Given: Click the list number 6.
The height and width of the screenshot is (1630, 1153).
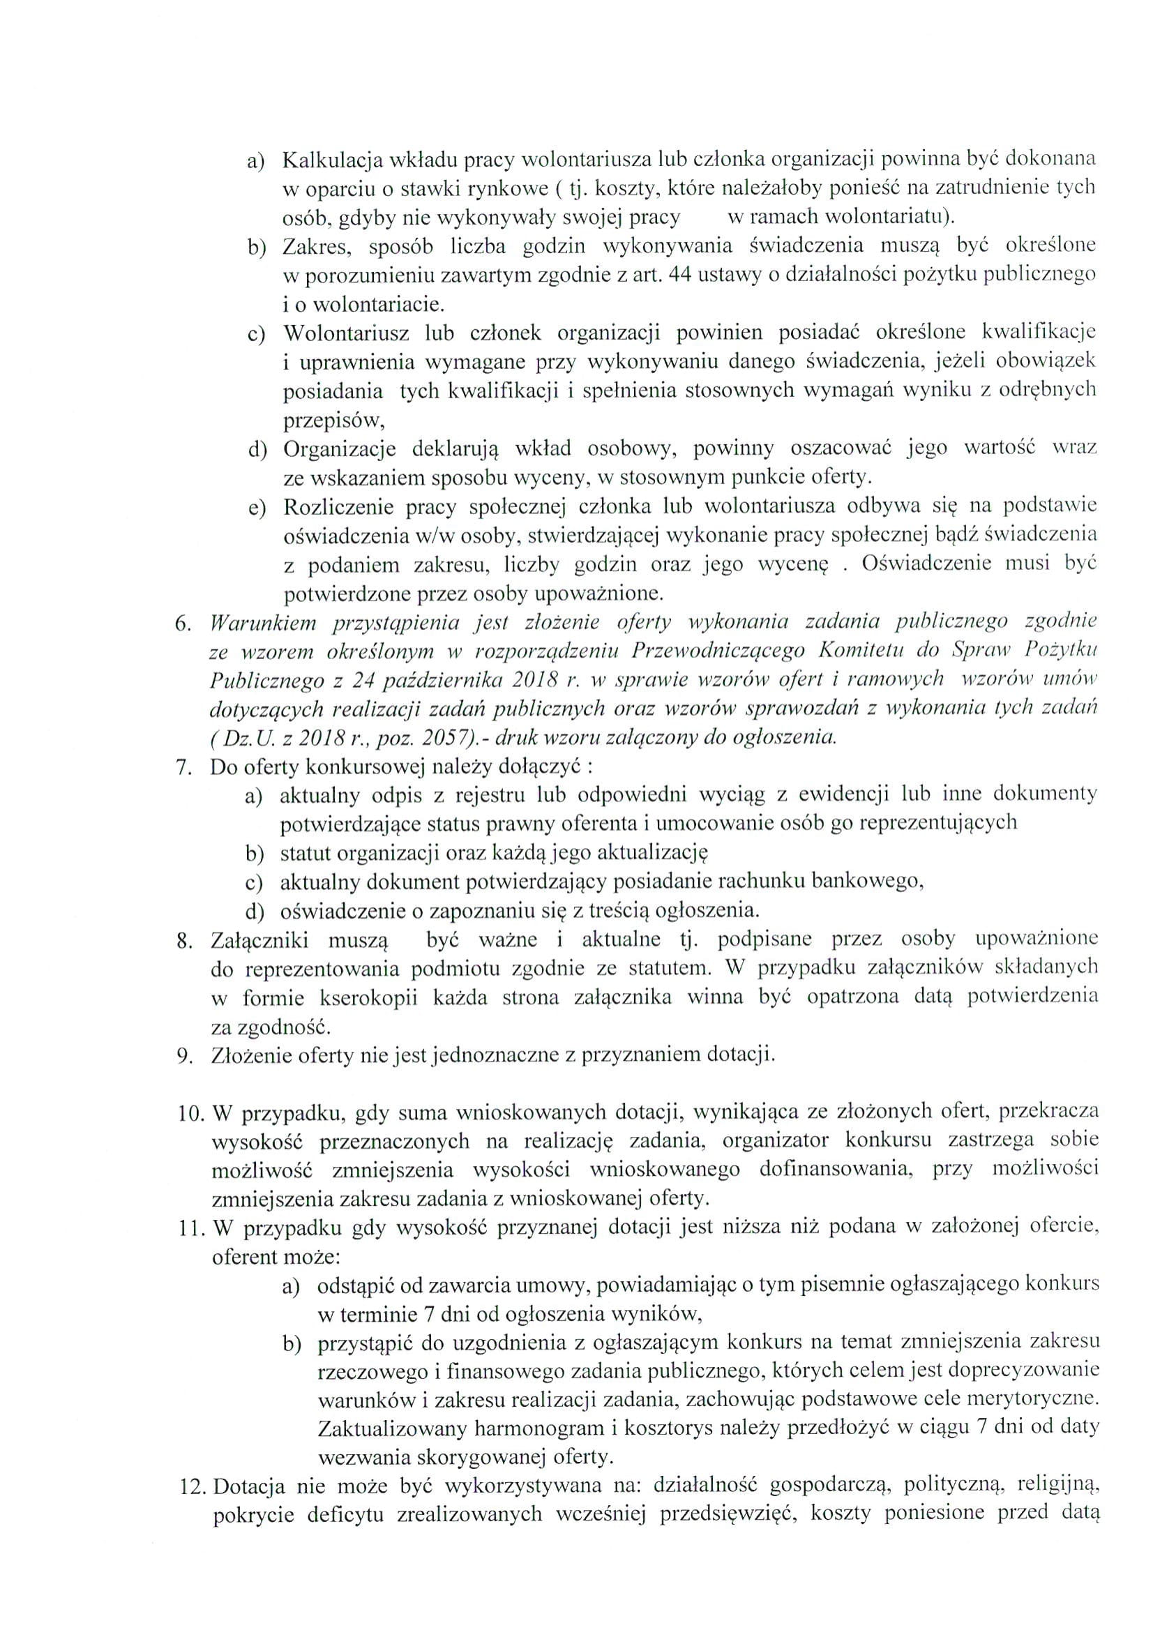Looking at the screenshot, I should click(183, 624).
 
